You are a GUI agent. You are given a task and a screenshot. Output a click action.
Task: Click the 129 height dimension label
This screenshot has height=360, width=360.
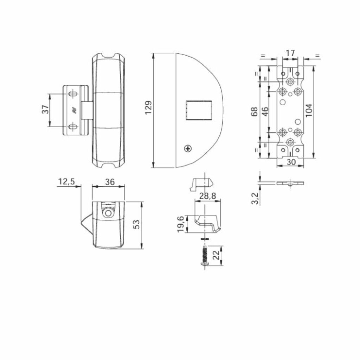149,108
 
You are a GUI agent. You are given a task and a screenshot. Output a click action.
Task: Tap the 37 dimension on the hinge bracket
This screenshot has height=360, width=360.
45,109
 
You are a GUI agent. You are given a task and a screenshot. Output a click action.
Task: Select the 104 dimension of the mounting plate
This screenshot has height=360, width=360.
309,110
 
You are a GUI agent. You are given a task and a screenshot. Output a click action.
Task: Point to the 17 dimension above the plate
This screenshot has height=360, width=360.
290,53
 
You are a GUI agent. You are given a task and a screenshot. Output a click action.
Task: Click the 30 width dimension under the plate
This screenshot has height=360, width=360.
291,162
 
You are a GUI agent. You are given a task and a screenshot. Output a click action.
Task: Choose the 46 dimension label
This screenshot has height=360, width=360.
265,111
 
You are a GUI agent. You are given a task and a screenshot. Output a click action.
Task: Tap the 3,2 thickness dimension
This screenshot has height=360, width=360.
255,198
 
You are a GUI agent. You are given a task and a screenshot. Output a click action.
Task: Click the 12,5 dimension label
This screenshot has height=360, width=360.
66,182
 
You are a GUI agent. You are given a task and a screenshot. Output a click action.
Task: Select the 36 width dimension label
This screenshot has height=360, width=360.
110,182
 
